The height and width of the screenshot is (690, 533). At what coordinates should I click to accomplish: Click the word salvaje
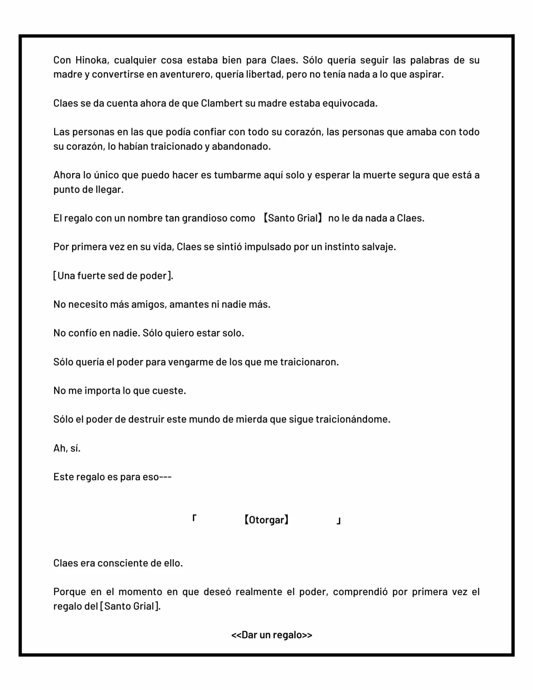379,247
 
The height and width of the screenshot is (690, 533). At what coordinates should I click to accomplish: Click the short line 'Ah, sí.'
67,448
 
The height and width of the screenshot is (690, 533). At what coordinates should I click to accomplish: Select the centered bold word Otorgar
266,520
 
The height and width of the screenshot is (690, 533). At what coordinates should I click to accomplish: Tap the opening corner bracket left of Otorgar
194,518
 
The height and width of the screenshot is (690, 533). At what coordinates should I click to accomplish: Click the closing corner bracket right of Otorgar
339,521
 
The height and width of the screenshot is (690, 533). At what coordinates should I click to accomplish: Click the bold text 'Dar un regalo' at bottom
271,635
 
